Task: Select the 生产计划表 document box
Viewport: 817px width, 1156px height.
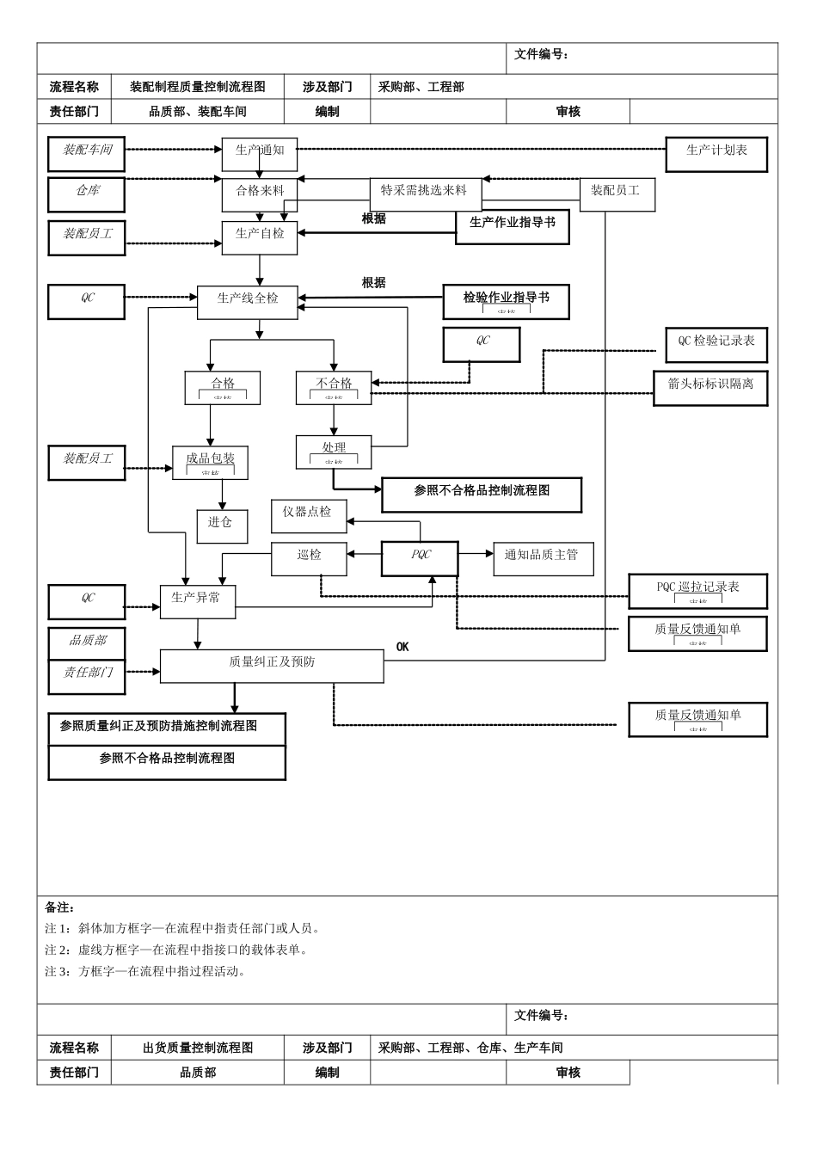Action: (x=716, y=154)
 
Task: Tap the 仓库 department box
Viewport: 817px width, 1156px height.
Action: (x=86, y=194)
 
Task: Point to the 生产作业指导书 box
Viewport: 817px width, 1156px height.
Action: (x=512, y=226)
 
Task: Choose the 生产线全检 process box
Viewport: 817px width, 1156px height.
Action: (x=247, y=301)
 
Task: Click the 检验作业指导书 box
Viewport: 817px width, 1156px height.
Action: (x=506, y=301)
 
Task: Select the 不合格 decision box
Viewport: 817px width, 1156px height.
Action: (x=334, y=387)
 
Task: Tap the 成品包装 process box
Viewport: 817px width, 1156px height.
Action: (x=210, y=462)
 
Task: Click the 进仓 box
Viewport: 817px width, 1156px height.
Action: (x=222, y=526)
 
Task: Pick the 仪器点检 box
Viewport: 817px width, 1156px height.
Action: (x=308, y=515)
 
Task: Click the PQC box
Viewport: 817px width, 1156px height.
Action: (x=420, y=557)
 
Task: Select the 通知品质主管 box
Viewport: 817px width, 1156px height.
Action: (x=542, y=558)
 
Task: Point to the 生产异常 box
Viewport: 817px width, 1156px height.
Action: (x=197, y=600)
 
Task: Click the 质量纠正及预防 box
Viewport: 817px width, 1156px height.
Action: (x=272, y=666)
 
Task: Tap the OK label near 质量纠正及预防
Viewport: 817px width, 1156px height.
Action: (x=402, y=647)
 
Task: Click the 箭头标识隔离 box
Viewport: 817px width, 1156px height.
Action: (x=709, y=387)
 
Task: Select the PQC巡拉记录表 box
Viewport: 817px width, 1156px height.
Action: (x=697, y=591)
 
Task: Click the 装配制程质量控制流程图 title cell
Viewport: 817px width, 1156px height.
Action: (x=197, y=87)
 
